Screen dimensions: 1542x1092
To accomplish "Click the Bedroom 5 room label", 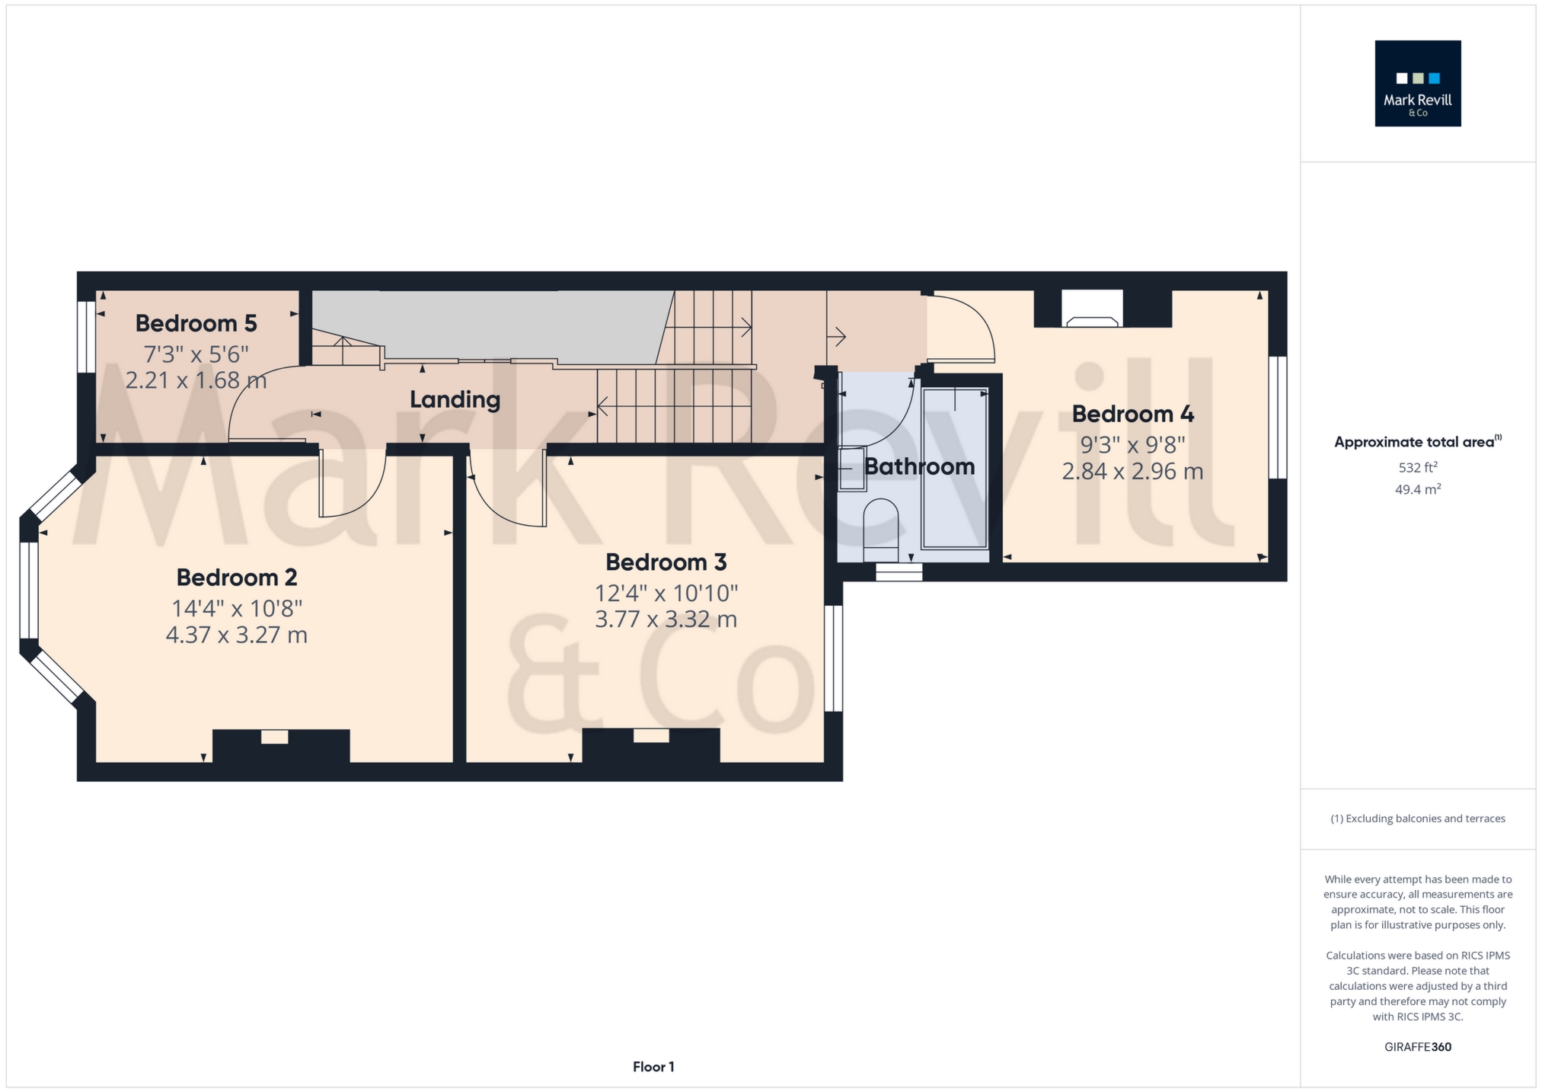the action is pyautogui.click(x=196, y=323).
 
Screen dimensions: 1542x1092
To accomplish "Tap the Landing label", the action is pyautogui.click(x=455, y=399).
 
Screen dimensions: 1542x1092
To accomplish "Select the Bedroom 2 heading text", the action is pyautogui.click(x=237, y=577).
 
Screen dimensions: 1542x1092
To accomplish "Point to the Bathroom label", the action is pyautogui.click(x=920, y=466).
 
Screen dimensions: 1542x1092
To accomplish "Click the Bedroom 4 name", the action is pyautogui.click(x=1132, y=414).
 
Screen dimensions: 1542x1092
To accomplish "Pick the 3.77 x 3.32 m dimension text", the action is pyautogui.click(x=666, y=619).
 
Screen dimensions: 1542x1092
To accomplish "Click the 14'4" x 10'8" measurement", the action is pyautogui.click(x=237, y=608).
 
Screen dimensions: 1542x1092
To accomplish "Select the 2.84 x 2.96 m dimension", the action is pyautogui.click(x=1132, y=471).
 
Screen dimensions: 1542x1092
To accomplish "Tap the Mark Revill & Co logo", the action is pyautogui.click(x=1417, y=83).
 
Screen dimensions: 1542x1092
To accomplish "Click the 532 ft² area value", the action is pyautogui.click(x=1417, y=467).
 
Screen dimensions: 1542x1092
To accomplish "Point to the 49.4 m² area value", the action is pyautogui.click(x=1417, y=489).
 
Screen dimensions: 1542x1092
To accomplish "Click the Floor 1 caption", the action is pyautogui.click(x=653, y=1067).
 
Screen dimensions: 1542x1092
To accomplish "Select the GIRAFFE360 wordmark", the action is pyautogui.click(x=1417, y=1047).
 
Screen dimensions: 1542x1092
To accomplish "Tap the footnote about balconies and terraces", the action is pyautogui.click(x=1417, y=818).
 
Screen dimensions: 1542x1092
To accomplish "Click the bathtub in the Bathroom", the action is pyautogui.click(x=954, y=468).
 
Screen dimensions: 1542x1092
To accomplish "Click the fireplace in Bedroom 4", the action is pyautogui.click(x=1092, y=309).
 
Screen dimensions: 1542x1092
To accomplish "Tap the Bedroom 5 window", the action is pyautogui.click(x=87, y=337).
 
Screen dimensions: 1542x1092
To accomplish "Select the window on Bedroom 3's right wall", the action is pyautogui.click(x=834, y=658).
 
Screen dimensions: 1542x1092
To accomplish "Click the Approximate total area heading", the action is pyautogui.click(x=1417, y=441).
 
